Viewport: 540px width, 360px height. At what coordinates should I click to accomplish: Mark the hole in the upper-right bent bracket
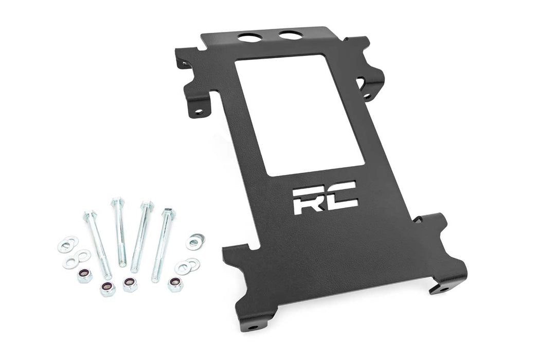point(366,96)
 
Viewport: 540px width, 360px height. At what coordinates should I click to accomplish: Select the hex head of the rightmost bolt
point(168,213)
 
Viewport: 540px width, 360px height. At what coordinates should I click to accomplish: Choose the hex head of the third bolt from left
point(147,206)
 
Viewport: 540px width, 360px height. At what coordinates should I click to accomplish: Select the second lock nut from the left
point(107,289)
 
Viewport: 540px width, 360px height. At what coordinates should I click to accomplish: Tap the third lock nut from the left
point(130,284)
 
